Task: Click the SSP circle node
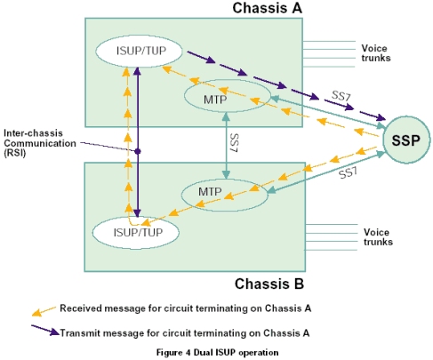406,140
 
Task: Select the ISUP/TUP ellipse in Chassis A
139,51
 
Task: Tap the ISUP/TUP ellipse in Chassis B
136,233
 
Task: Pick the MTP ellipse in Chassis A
228,96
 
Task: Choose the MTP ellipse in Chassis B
225,195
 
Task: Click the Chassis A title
268,8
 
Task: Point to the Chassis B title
269,284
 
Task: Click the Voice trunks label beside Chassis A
376,53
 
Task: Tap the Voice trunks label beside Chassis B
378,237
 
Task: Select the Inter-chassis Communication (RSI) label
40,143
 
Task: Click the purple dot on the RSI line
138,151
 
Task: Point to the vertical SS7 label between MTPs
234,143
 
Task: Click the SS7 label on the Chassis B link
348,172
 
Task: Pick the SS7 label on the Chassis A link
341,96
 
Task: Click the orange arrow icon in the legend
44,311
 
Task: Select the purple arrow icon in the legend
45,330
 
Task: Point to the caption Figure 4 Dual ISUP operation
218,353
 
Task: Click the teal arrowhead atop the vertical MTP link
226,116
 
